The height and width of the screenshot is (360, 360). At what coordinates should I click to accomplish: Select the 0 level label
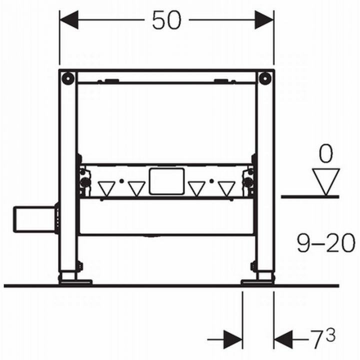coord(325,154)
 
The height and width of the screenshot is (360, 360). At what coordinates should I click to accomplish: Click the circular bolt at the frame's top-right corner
coord(265,77)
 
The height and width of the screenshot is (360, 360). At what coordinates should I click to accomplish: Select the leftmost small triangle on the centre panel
coord(106,188)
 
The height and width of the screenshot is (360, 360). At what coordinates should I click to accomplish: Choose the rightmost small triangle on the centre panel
coord(225,188)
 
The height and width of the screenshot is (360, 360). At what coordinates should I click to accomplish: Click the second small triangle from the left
coord(136,188)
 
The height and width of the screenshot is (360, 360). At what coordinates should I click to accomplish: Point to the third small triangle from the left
coord(196,188)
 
